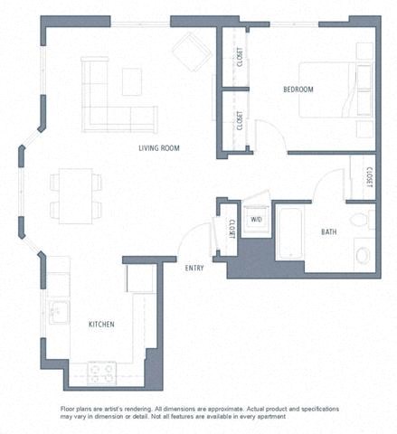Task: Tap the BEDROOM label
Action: coord(298,90)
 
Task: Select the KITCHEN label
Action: coord(100,324)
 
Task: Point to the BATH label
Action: coord(329,232)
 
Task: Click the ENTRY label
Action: coord(194,268)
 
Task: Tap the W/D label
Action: coord(256,220)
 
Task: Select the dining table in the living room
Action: coord(75,194)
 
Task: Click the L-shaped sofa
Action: coord(113,99)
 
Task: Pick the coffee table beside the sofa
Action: coord(132,80)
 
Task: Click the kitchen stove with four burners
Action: coord(101,372)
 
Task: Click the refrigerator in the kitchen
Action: coord(142,279)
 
